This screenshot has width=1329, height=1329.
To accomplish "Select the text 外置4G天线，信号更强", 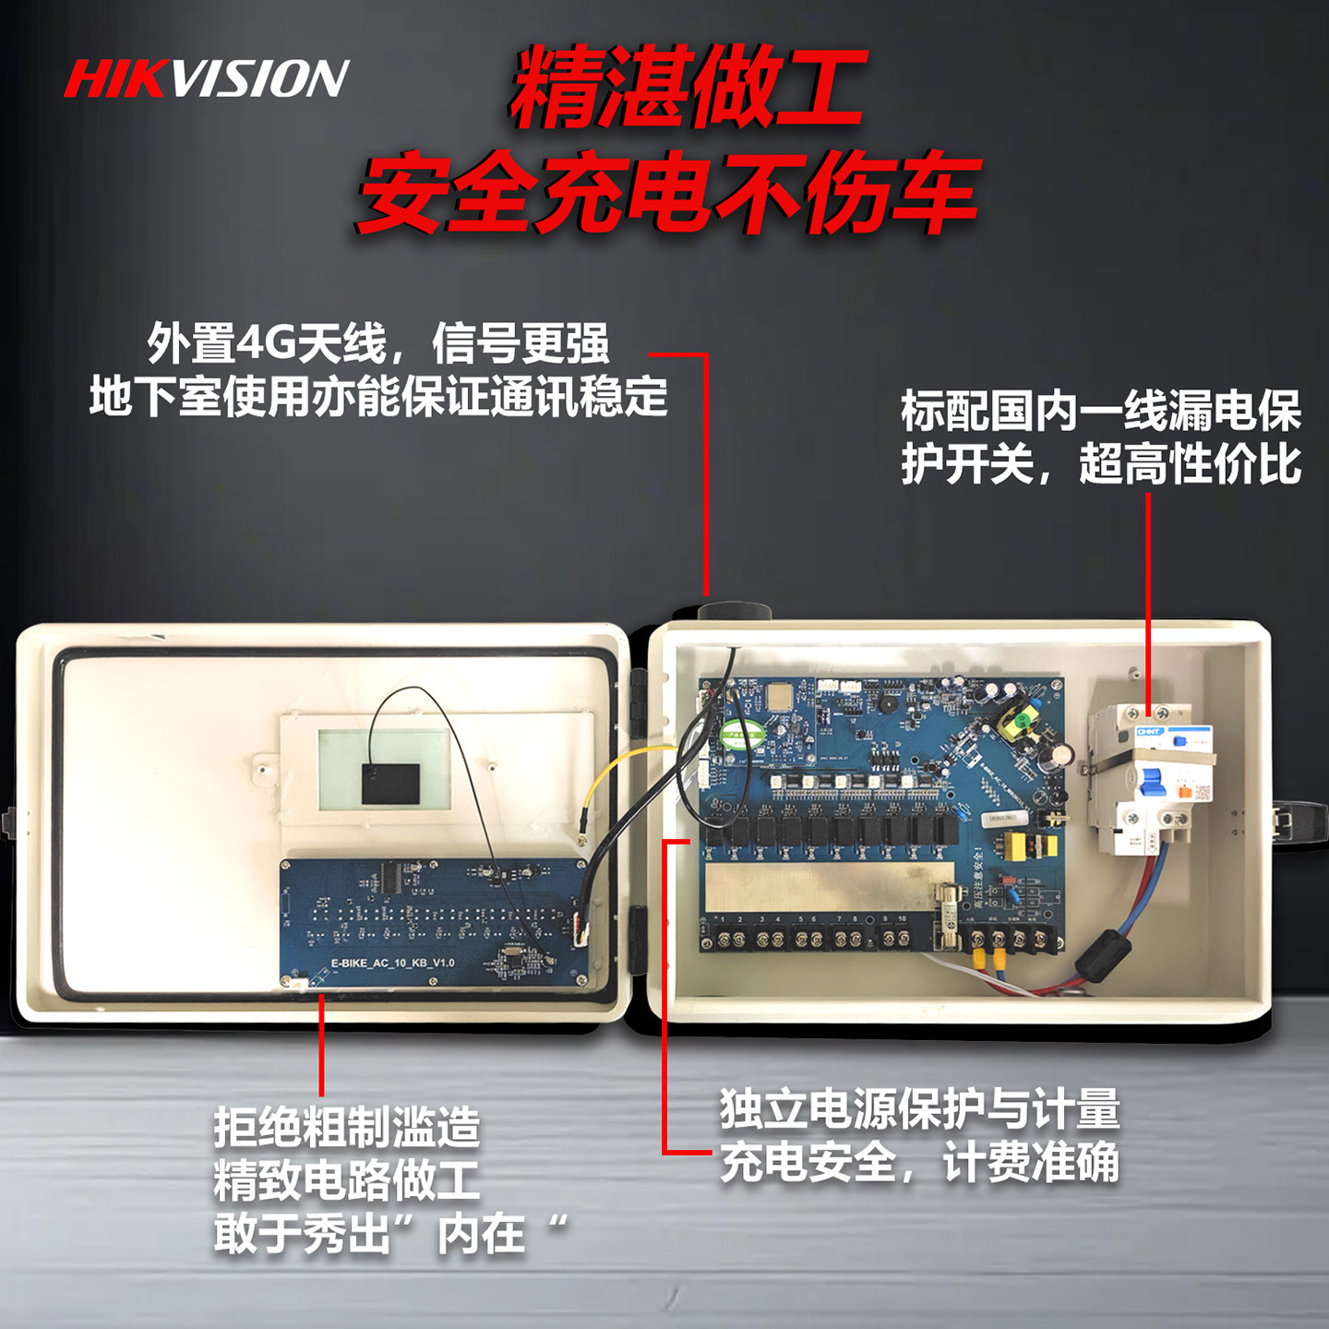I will [378, 343].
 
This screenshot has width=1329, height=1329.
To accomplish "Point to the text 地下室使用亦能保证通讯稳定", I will [378, 397].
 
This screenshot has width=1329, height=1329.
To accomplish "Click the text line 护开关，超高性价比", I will [1100, 463].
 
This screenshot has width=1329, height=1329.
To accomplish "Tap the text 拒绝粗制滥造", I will [347, 1127].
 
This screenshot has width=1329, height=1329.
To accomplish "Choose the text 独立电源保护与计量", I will [919, 1108].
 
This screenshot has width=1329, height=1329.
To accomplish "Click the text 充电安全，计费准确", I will [919, 1162].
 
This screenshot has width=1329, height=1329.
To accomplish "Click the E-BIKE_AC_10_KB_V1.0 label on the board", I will [392, 963].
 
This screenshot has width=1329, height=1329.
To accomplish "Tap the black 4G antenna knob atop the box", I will [734, 611].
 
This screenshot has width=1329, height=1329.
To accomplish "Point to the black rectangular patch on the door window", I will [390, 782].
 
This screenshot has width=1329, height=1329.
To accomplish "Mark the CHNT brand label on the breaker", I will [1149, 732].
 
